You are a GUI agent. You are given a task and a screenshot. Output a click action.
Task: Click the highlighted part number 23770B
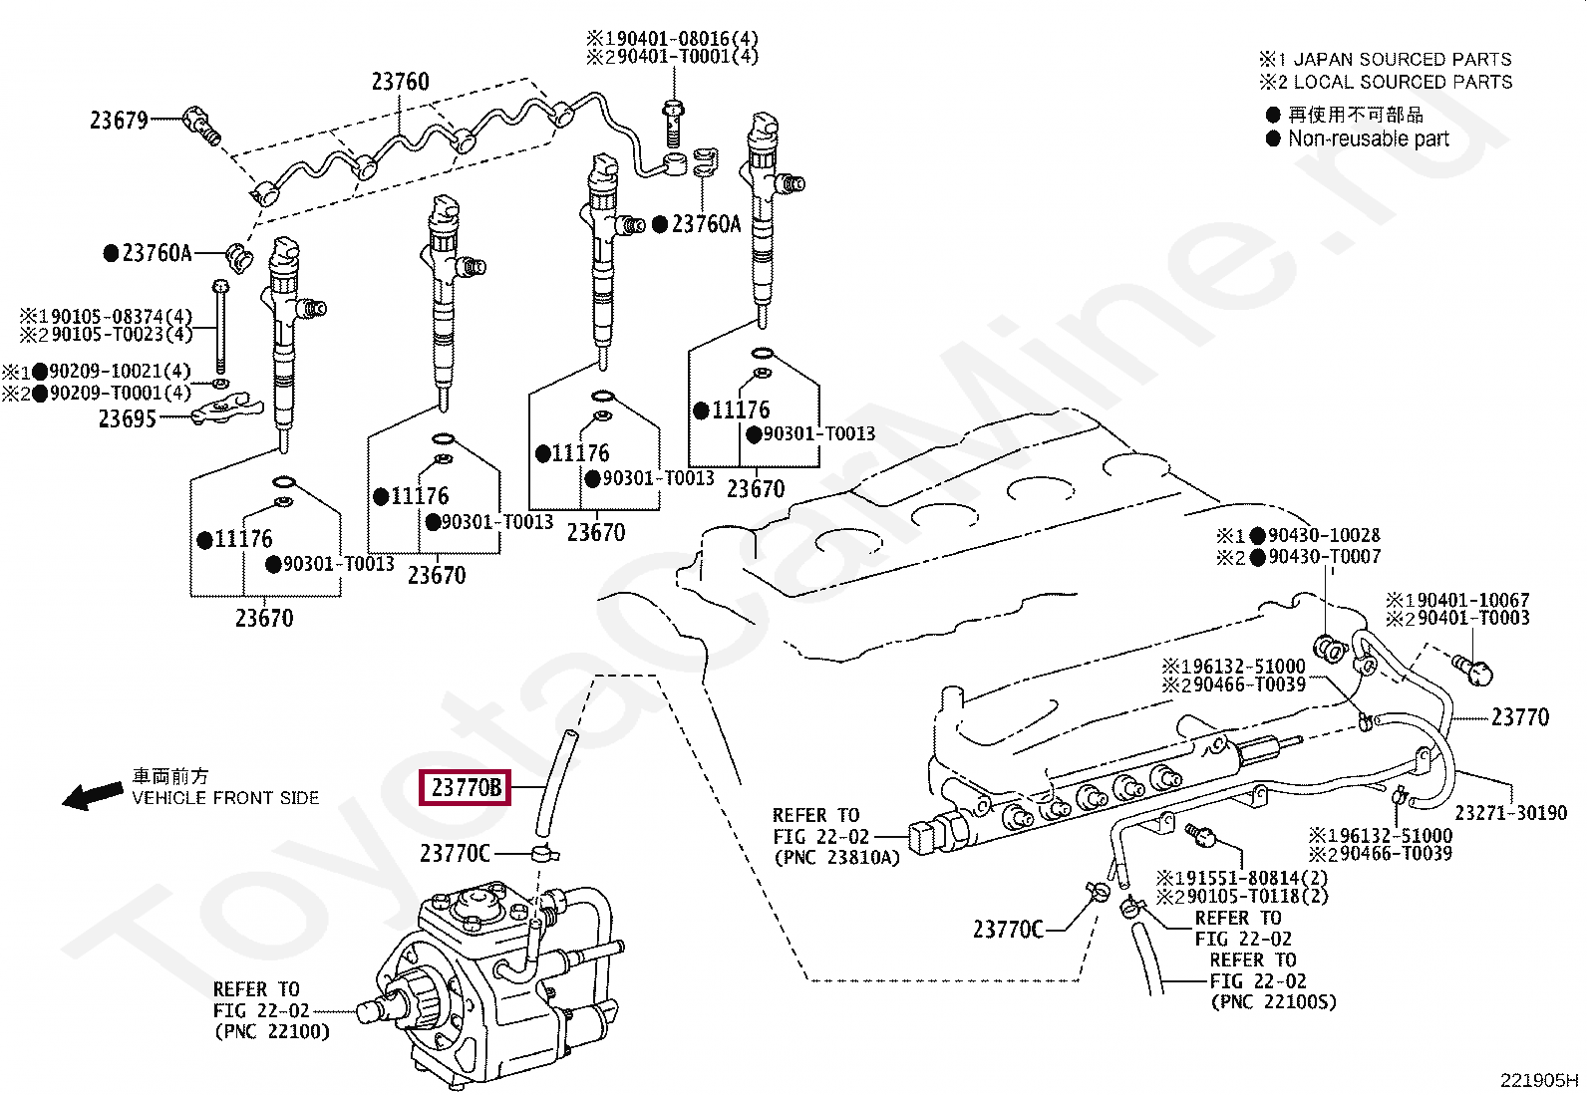(466, 788)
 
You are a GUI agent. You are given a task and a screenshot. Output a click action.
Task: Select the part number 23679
(119, 121)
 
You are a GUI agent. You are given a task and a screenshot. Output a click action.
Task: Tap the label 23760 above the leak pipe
(400, 82)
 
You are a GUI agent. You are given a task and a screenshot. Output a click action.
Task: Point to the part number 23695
(128, 419)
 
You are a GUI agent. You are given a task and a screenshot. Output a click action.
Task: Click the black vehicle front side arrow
(92, 795)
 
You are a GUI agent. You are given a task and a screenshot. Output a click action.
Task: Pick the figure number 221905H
(1538, 1080)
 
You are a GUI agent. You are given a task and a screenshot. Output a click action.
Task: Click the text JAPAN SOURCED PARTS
(1402, 60)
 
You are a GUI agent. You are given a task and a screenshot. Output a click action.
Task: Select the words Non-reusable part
(1368, 139)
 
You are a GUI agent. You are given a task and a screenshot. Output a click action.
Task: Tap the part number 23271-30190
(1510, 814)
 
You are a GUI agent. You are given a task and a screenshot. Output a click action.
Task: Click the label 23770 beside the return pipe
(1519, 717)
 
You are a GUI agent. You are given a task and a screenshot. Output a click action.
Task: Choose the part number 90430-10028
(1324, 536)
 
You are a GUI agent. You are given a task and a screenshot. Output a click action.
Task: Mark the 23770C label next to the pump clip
(455, 854)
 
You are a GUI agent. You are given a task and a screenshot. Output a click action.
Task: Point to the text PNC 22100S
(1273, 1002)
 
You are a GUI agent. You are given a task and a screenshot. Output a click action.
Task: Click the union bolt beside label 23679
(202, 126)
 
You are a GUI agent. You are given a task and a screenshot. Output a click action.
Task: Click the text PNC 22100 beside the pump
(271, 1032)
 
